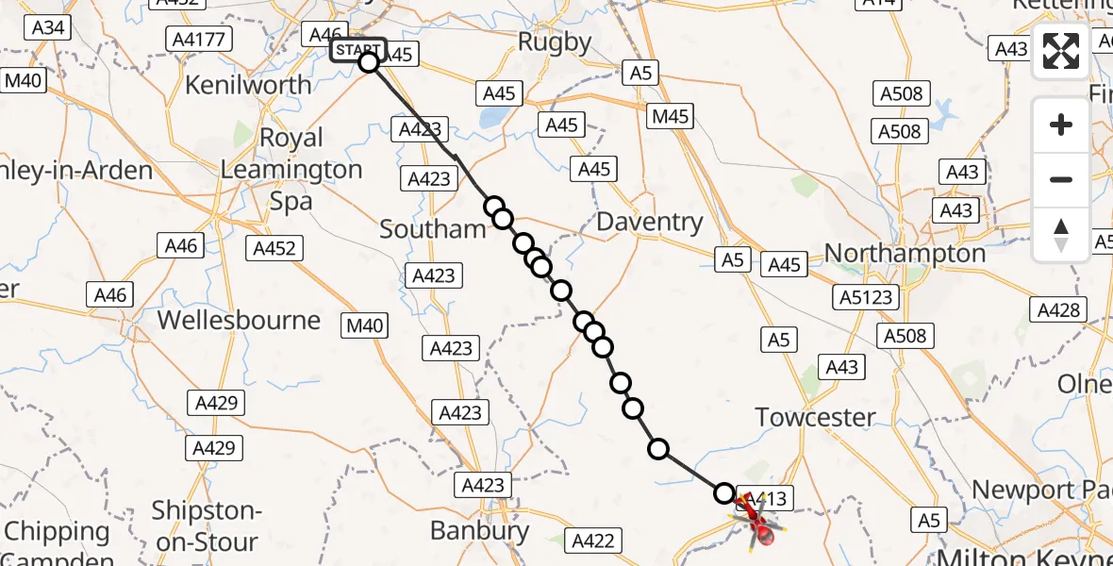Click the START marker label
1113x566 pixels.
coord(357,49)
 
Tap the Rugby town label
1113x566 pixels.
coord(555,42)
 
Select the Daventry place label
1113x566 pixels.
coord(651,223)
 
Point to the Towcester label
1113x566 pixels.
coord(815,416)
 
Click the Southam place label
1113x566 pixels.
coord(433,229)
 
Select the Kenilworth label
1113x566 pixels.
coord(248,85)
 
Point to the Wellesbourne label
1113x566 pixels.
coord(239,320)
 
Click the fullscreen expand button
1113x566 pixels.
coord(1061,51)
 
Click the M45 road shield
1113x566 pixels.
coord(671,117)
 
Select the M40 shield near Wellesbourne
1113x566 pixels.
coord(365,326)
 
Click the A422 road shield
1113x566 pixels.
coord(593,541)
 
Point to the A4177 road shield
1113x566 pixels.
coord(198,40)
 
